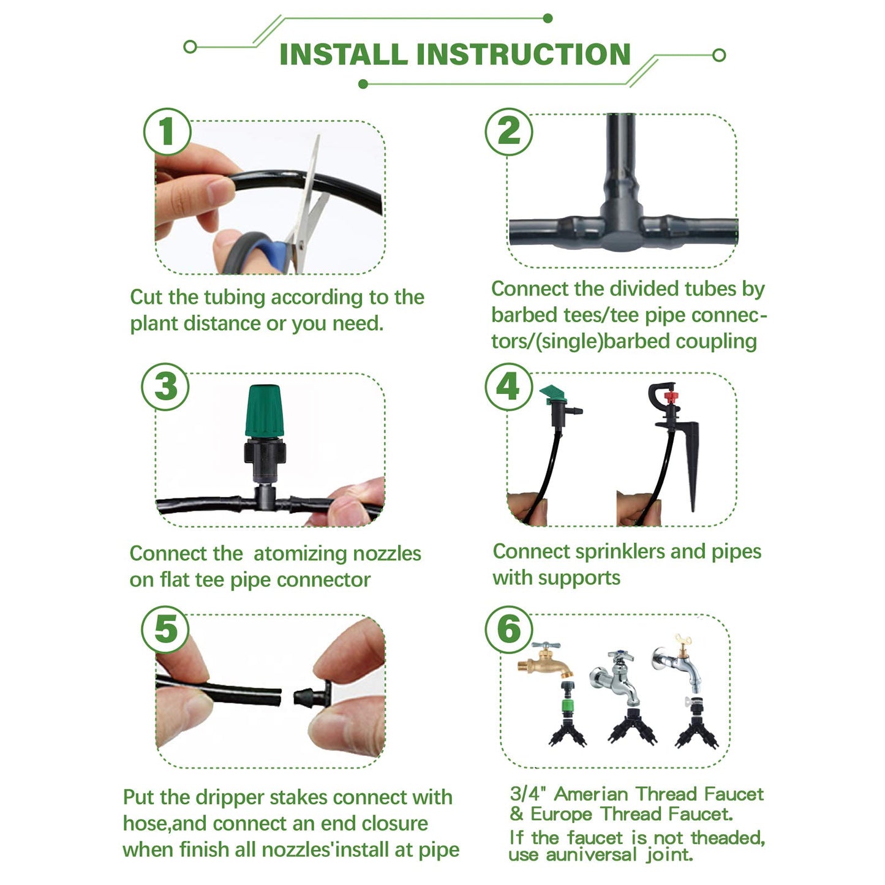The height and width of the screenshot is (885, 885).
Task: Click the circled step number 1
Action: pyautogui.click(x=167, y=132)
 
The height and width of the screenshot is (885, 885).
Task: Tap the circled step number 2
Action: pyautogui.click(x=508, y=132)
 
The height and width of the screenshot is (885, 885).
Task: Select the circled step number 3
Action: pyautogui.click(x=165, y=387)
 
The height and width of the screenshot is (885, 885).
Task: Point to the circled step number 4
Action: pyautogui.click(x=508, y=387)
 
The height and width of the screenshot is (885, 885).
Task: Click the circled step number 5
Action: pyautogui.click(x=165, y=630)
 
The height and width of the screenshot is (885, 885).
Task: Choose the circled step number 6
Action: pyautogui.click(x=508, y=630)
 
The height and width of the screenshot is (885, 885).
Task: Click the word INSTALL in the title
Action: pyautogui.click(x=343, y=55)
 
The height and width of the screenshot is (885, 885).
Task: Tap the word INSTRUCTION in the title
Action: pyautogui.click(x=524, y=55)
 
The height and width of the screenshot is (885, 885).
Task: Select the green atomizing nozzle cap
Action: pyautogui.click(x=265, y=410)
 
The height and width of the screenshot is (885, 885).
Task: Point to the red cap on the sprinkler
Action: pyautogui.click(x=671, y=398)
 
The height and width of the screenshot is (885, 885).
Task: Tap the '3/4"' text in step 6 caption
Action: pyautogui.click(x=529, y=794)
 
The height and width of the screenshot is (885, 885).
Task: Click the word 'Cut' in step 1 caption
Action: pyautogui.click(x=146, y=298)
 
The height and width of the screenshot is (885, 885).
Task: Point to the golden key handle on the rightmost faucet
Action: pyautogui.click(x=682, y=641)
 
